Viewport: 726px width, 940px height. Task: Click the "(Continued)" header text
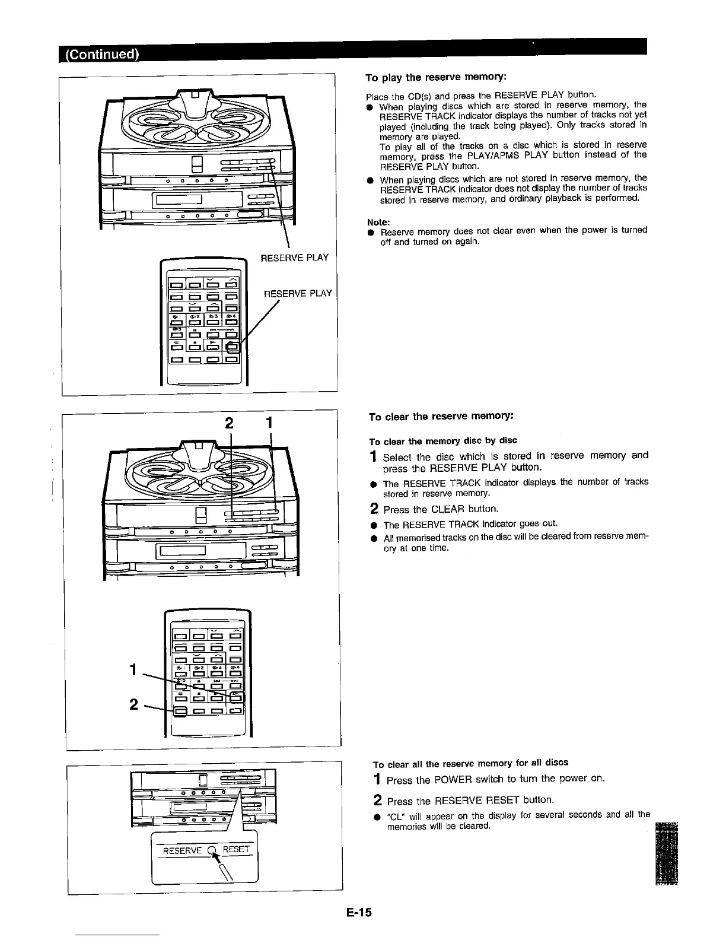[x=99, y=55]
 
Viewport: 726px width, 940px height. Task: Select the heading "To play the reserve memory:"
[x=435, y=78]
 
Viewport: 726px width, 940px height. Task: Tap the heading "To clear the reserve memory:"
[x=439, y=417]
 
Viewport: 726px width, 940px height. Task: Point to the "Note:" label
[x=378, y=222]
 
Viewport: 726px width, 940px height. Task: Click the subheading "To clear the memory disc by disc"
[x=443, y=440]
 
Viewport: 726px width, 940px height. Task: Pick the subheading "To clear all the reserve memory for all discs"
[x=470, y=763]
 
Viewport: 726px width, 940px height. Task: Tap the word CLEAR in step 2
[x=448, y=509]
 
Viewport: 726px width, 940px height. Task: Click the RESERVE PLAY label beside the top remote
[x=298, y=293]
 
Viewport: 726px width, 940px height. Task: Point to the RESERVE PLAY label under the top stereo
[x=295, y=257]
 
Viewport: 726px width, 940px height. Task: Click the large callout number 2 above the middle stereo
[x=230, y=424]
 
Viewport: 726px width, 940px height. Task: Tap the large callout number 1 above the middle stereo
[x=269, y=423]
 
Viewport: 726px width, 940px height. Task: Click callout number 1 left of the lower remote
[x=134, y=669]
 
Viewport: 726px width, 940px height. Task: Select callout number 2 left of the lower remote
[x=134, y=704]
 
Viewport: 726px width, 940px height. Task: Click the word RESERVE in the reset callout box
[x=182, y=850]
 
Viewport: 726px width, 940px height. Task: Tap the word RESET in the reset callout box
[x=237, y=849]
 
